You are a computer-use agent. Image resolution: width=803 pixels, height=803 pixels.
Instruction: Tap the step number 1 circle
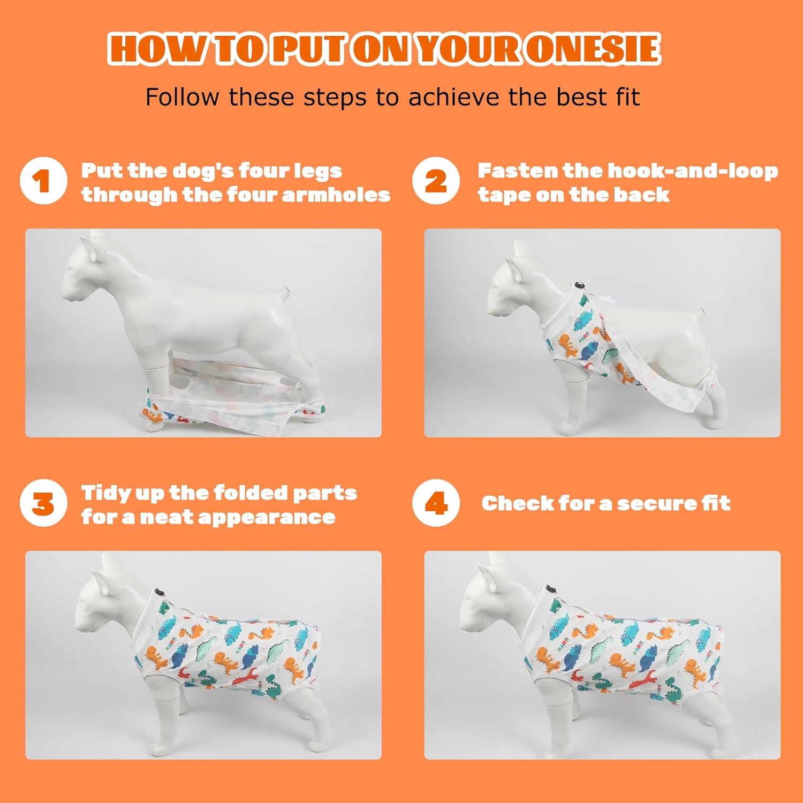(43, 181)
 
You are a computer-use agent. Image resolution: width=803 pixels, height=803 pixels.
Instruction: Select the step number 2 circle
(436, 181)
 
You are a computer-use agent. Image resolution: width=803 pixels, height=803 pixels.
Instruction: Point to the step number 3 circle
(43, 503)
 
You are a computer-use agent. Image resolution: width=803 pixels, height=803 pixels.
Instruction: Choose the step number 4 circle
(436, 503)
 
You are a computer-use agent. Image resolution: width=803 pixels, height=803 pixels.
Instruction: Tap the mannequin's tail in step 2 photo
(701, 312)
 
